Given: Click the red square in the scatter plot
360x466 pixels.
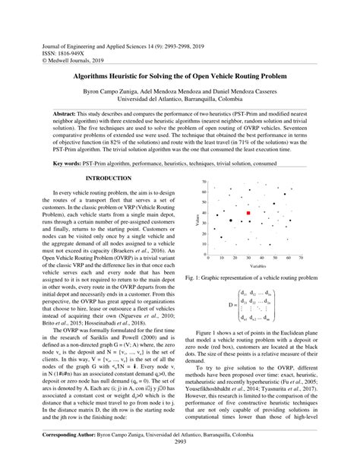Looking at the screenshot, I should click(x=248, y=214).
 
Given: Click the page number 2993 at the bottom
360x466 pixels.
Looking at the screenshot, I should click(x=180, y=461).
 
